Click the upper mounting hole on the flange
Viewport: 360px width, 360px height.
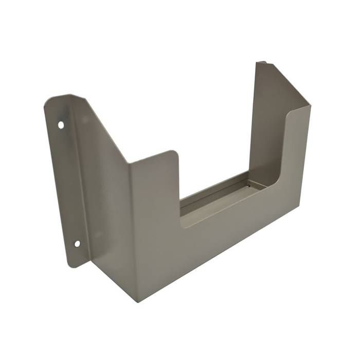pos(61,124)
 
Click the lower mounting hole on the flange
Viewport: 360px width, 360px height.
pos(77,243)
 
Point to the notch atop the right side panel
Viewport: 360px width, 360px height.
pos(262,63)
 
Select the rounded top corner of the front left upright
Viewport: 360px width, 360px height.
pos(173,153)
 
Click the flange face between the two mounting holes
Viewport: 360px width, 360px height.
pos(67,185)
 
